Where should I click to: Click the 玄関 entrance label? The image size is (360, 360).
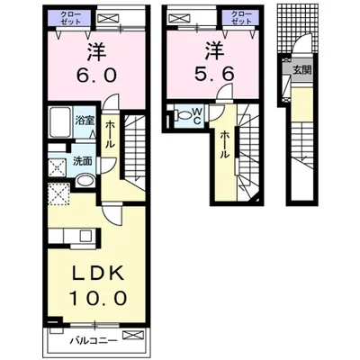coord(301,71)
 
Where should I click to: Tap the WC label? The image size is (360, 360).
coord(197,116)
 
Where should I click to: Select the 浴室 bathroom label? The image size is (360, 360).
coord(85,121)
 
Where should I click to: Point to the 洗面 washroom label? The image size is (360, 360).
coord(83,161)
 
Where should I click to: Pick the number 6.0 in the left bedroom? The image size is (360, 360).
coord(96,76)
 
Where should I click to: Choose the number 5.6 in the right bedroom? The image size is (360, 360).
coord(214,74)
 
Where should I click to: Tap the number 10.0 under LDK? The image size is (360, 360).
coord(98,298)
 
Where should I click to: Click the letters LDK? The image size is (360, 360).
coord(98,273)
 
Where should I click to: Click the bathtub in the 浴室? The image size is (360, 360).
coord(59,121)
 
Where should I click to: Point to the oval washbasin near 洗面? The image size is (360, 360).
coord(85,181)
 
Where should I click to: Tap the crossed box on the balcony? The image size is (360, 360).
coord(130,335)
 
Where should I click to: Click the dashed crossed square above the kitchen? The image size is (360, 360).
coord(58,194)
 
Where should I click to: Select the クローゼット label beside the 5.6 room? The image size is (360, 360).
coord(241,18)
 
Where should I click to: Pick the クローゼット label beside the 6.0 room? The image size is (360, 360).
coord(70,18)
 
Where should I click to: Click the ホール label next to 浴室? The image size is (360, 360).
coord(110,134)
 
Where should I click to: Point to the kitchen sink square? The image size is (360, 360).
coord(87,236)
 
